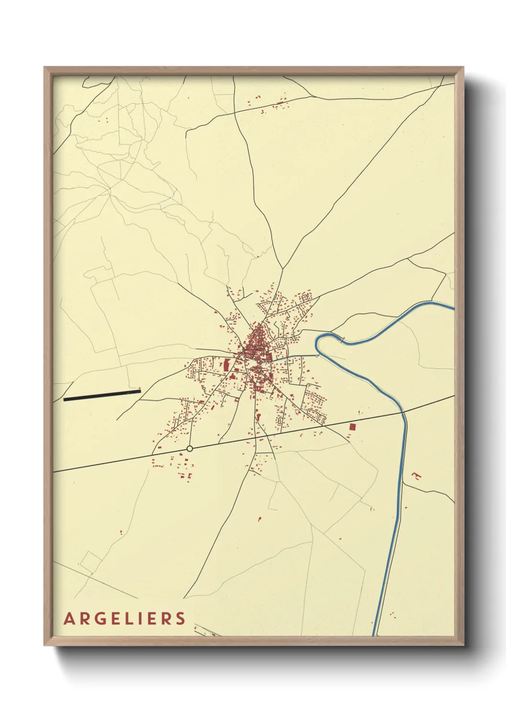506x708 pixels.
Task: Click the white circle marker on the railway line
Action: [x=190, y=448]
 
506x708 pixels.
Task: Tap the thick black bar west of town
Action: [x=102, y=395]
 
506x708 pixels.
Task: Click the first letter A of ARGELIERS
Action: [x=69, y=619]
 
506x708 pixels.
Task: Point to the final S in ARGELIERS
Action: [x=180, y=619]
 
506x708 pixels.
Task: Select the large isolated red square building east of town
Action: [x=353, y=426]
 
